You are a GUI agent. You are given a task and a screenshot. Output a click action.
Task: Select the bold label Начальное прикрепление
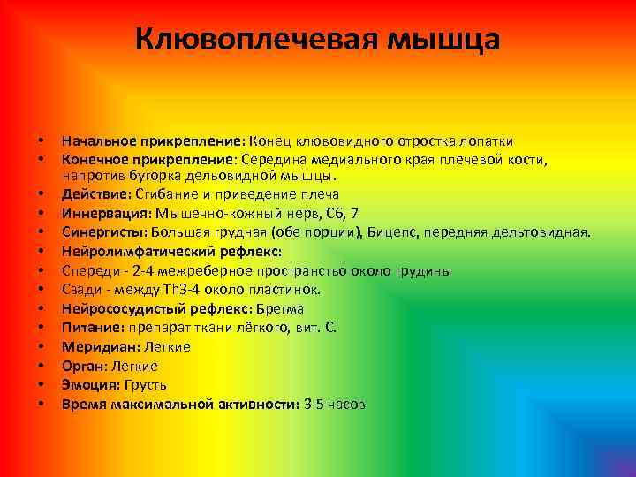(x=153, y=141)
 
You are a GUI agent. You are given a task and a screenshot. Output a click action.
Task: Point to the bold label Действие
(x=95, y=194)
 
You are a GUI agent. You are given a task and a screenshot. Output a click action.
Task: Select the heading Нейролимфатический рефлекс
(x=171, y=252)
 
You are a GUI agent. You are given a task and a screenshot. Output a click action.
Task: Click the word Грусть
(x=145, y=385)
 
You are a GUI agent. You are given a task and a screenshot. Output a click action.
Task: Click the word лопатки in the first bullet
(x=490, y=141)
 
